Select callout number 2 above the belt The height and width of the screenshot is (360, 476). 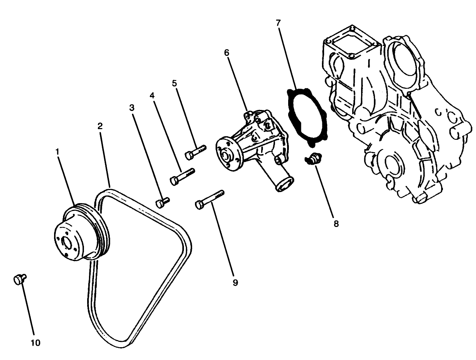tap(100, 126)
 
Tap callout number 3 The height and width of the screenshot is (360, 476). tap(132, 107)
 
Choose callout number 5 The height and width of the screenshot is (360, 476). tap(174, 83)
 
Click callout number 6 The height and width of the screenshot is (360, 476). tap(227, 53)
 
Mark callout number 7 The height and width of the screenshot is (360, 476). tap(278, 23)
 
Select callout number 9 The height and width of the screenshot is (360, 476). tap(234, 282)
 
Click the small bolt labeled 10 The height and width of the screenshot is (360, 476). tap(19, 279)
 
